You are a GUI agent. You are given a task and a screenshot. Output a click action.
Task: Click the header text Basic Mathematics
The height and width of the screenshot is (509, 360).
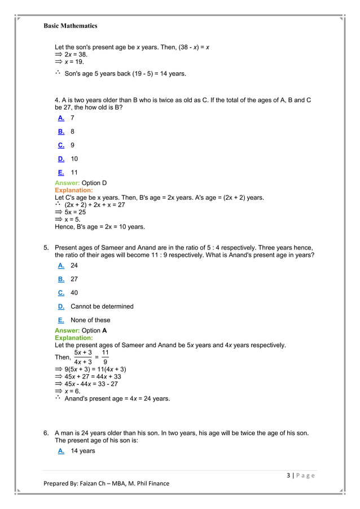pos(71,25)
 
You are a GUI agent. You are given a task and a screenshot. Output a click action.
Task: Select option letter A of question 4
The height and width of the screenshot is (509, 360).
pos(61,118)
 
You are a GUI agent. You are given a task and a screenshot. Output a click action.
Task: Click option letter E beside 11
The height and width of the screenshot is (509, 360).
pos(61,173)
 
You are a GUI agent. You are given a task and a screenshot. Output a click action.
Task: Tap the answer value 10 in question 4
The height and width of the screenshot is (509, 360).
pos(74,159)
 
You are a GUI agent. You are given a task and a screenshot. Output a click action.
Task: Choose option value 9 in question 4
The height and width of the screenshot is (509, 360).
pos(73,146)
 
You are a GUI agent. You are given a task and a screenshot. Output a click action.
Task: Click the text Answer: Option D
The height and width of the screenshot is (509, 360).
pos(81,183)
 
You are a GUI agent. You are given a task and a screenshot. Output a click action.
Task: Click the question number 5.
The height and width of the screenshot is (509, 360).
pos(46,248)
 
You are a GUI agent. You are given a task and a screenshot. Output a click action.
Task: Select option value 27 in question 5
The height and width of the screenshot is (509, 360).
pos(74,279)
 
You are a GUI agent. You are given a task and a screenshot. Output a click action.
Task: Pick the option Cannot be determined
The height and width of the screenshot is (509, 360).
pos(102,306)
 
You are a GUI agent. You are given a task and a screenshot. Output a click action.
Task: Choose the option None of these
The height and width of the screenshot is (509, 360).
pos(90,320)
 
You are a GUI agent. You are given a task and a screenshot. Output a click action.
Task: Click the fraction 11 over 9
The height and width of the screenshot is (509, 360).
pos(106,357)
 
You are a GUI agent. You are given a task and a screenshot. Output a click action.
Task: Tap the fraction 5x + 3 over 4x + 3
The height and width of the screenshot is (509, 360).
pos(83,357)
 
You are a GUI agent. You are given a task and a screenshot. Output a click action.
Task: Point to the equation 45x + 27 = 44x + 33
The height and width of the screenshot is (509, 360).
pos(93,376)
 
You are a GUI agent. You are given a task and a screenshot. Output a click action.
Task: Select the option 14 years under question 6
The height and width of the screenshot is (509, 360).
pos(83,451)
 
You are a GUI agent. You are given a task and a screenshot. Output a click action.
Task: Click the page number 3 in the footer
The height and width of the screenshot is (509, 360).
pos(288,475)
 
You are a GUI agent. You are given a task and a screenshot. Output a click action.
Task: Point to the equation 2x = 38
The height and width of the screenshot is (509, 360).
pos(74,55)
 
